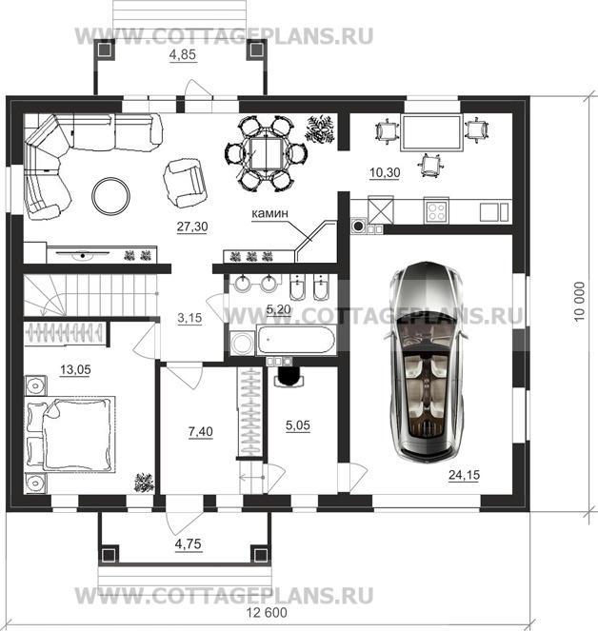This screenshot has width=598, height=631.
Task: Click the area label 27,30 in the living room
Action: tap(192, 227)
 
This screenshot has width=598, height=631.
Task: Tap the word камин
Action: tap(269, 213)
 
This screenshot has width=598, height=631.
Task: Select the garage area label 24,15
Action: tap(464, 475)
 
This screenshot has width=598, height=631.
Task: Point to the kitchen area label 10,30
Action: tap(385, 172)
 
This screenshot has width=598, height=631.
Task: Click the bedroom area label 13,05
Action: tap(75, 369)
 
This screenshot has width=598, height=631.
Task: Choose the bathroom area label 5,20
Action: tap(278, 309)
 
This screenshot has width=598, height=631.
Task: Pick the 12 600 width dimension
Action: tap(267, 613)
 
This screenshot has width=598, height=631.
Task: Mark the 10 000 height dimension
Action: tap(579, 301)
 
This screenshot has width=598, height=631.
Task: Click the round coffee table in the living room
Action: tap(110, 196)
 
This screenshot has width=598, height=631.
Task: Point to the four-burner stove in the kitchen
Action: tap(436, 211)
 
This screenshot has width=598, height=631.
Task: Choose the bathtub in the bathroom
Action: tap(295, 341)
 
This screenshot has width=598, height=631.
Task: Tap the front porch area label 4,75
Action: tap(188, 544)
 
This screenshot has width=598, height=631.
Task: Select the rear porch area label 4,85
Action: tap(183, 54)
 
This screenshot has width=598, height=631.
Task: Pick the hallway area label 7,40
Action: tap(201, 431)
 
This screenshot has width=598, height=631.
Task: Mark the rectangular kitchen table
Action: tap(431, 133)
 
